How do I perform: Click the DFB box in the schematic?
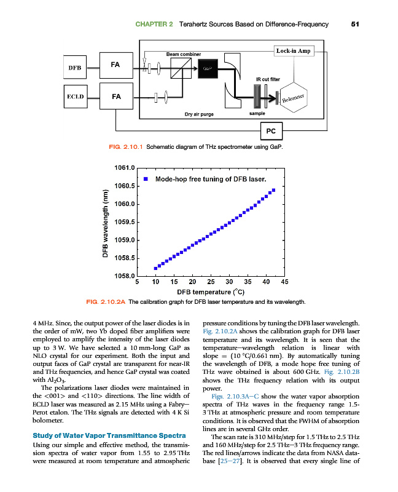[76, 66]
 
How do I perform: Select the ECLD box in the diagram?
[76, 97]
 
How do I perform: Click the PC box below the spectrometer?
[271, 130]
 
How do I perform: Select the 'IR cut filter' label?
[267, 79]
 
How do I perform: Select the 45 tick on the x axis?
[284, 282]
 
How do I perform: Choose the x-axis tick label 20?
[192, 282]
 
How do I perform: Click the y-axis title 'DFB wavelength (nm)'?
[105, 222]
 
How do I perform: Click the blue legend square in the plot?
[146, 179]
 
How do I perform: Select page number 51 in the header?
[354, 24]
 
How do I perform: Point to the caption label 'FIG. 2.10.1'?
[125, 146]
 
